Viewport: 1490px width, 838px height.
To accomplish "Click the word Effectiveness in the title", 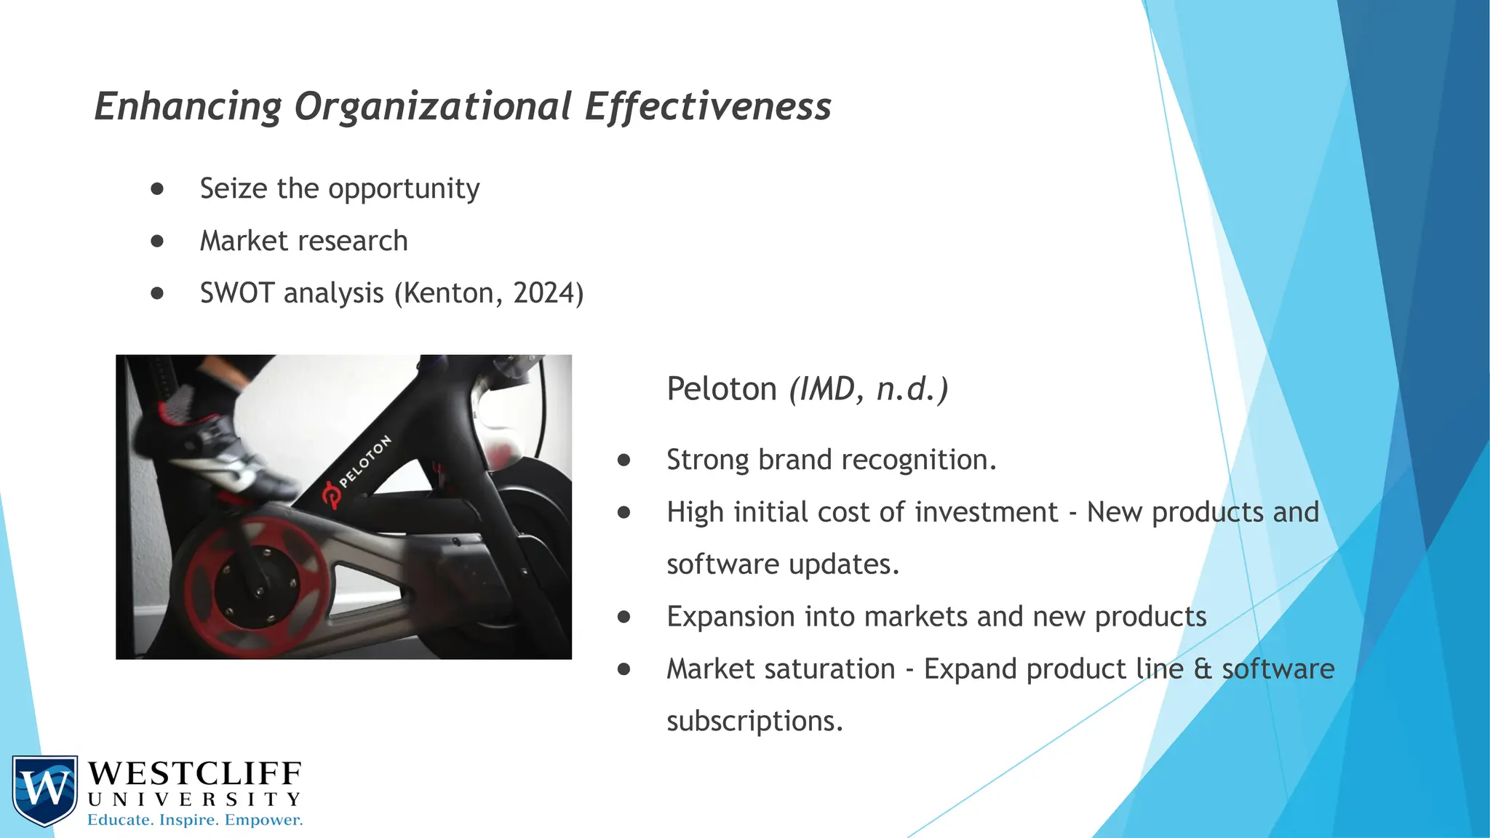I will pyautogui.click(x=707, y=107).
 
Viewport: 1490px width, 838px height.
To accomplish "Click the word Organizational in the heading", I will pyautogui.click(x=433, y=107).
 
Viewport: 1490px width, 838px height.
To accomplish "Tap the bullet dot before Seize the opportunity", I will pyautogui.click(x=157, y=189).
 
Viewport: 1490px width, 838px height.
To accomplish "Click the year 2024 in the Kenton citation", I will pyautogui.click(x=543, y=293).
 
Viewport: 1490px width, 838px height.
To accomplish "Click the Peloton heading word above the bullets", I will pyautogui.click(x=722, y=389).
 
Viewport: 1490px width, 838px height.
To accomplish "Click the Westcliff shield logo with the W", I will pyautogui.click(x=44, y=790).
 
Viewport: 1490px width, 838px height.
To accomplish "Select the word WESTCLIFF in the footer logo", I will pyautogui.click(x=194, y=773).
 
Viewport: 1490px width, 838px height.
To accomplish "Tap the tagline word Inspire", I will pyautogui.click(x=188, y=821).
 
